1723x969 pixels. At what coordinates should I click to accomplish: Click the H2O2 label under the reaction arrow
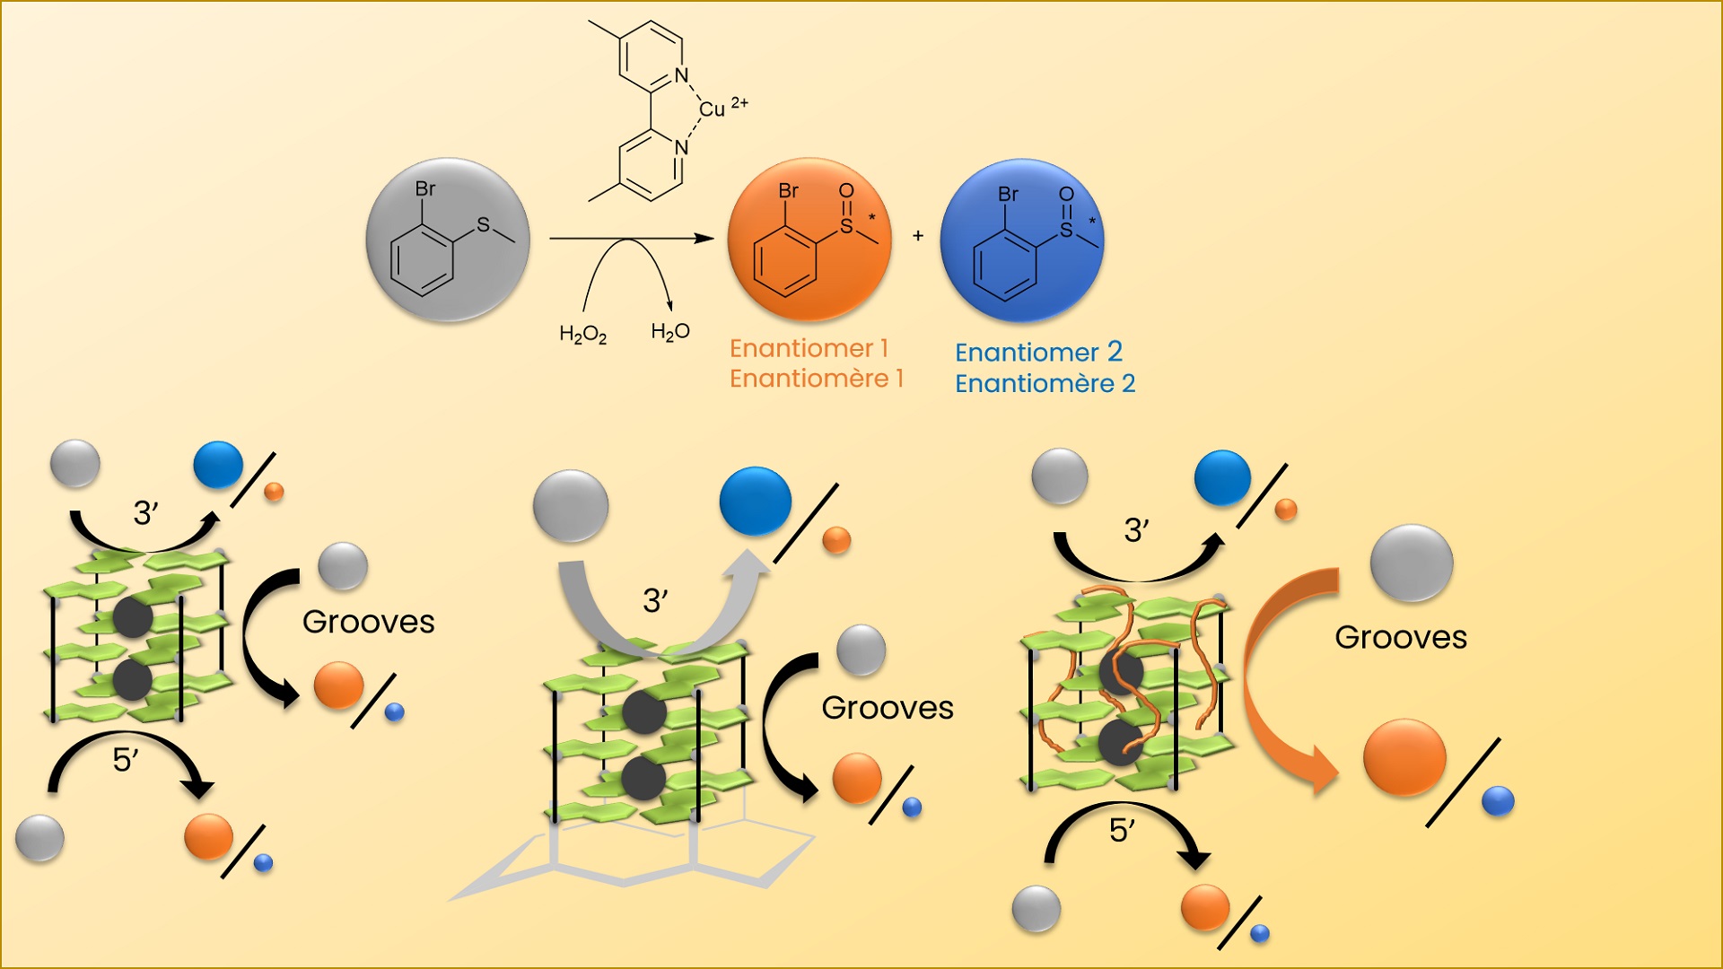click(582, 335)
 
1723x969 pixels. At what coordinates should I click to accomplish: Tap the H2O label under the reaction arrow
click(669, 332)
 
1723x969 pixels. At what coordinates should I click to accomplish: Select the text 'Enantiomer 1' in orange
click(809, 348)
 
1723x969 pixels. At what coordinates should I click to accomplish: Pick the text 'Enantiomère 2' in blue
click(1045, 384)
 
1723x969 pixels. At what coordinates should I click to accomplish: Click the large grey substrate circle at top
click(447, 240)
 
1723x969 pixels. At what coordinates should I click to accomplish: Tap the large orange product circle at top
click(809, 240)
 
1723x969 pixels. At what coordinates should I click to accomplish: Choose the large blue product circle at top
click(1021, 240)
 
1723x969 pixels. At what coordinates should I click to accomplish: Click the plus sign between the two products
click(917, 236)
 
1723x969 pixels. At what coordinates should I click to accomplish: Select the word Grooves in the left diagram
click(368, 622)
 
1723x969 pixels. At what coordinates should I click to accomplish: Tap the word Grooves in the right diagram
click(1400, 637)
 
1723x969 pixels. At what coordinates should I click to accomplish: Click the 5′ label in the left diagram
click(125, 760)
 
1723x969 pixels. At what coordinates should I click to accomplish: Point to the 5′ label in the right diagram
click(1122, 830)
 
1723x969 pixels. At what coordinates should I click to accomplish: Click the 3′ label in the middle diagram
click(655, 600)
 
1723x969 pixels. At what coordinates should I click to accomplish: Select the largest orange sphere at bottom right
click(1404, 757)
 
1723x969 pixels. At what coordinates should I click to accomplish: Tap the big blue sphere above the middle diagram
click(755, 501)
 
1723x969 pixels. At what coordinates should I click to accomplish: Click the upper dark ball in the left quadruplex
click(133, 617)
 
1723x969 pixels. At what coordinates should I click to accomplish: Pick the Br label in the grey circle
click(424, 188)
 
